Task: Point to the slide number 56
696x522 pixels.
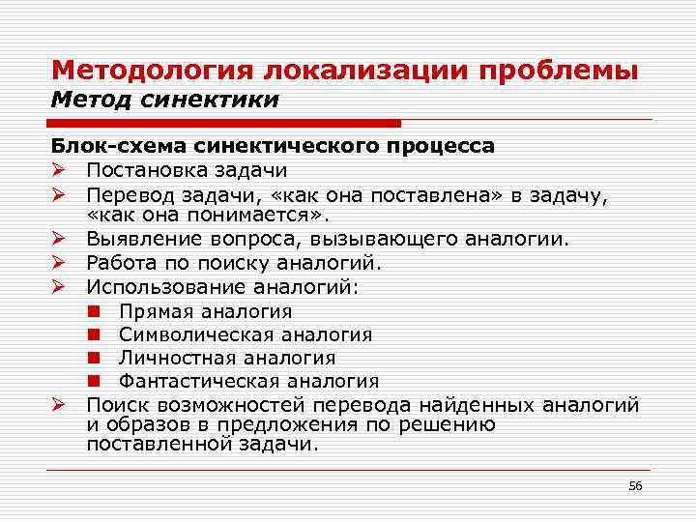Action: [635, 484]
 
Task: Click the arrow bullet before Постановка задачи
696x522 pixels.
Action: [60, 170]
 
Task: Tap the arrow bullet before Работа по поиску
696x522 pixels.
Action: [60, 262]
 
